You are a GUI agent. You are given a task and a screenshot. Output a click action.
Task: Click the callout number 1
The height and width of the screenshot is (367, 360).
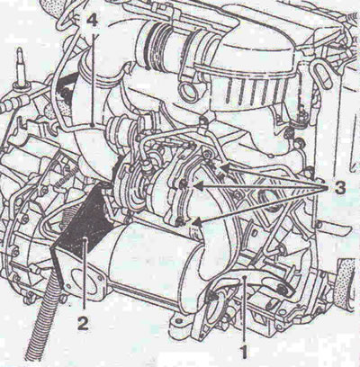tap(245, 352)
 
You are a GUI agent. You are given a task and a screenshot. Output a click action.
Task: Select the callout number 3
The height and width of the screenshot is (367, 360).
tap(338, 189)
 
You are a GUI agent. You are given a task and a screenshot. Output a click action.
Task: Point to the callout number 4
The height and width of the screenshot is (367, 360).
tap(93, 22)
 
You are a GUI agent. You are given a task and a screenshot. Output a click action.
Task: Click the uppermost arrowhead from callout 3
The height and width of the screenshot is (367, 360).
tap(224, 166)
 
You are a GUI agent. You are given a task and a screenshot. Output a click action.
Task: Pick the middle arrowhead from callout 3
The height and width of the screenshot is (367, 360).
tap(199, 187)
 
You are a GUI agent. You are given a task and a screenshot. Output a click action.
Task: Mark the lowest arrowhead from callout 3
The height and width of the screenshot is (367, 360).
tap(197, 222)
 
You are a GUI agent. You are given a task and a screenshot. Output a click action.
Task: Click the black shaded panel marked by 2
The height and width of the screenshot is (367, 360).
tap(80, 225)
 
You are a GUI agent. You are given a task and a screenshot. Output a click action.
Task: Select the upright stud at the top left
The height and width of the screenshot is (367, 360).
tap(22, 68)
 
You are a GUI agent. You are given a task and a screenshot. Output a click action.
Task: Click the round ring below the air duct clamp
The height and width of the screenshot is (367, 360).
tap(188, 92)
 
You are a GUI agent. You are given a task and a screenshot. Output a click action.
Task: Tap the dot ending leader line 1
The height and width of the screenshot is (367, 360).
tap(246, 278)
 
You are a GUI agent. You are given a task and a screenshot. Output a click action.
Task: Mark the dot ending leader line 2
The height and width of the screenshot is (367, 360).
tap(85, 239)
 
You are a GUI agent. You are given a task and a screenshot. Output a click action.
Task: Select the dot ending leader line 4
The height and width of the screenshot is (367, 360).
tap(94, 124)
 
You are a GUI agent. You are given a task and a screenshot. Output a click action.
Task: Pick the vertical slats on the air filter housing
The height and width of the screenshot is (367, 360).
tap(252, 90)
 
